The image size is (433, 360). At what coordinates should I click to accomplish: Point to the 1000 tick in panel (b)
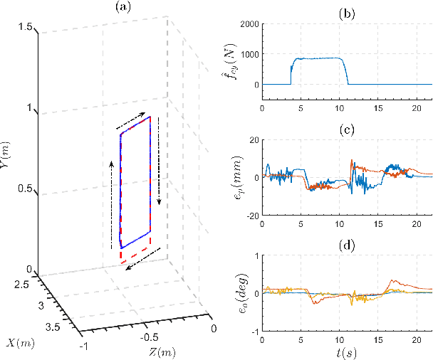click(249, 54)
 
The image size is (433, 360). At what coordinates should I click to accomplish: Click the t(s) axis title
click(348, 351)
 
